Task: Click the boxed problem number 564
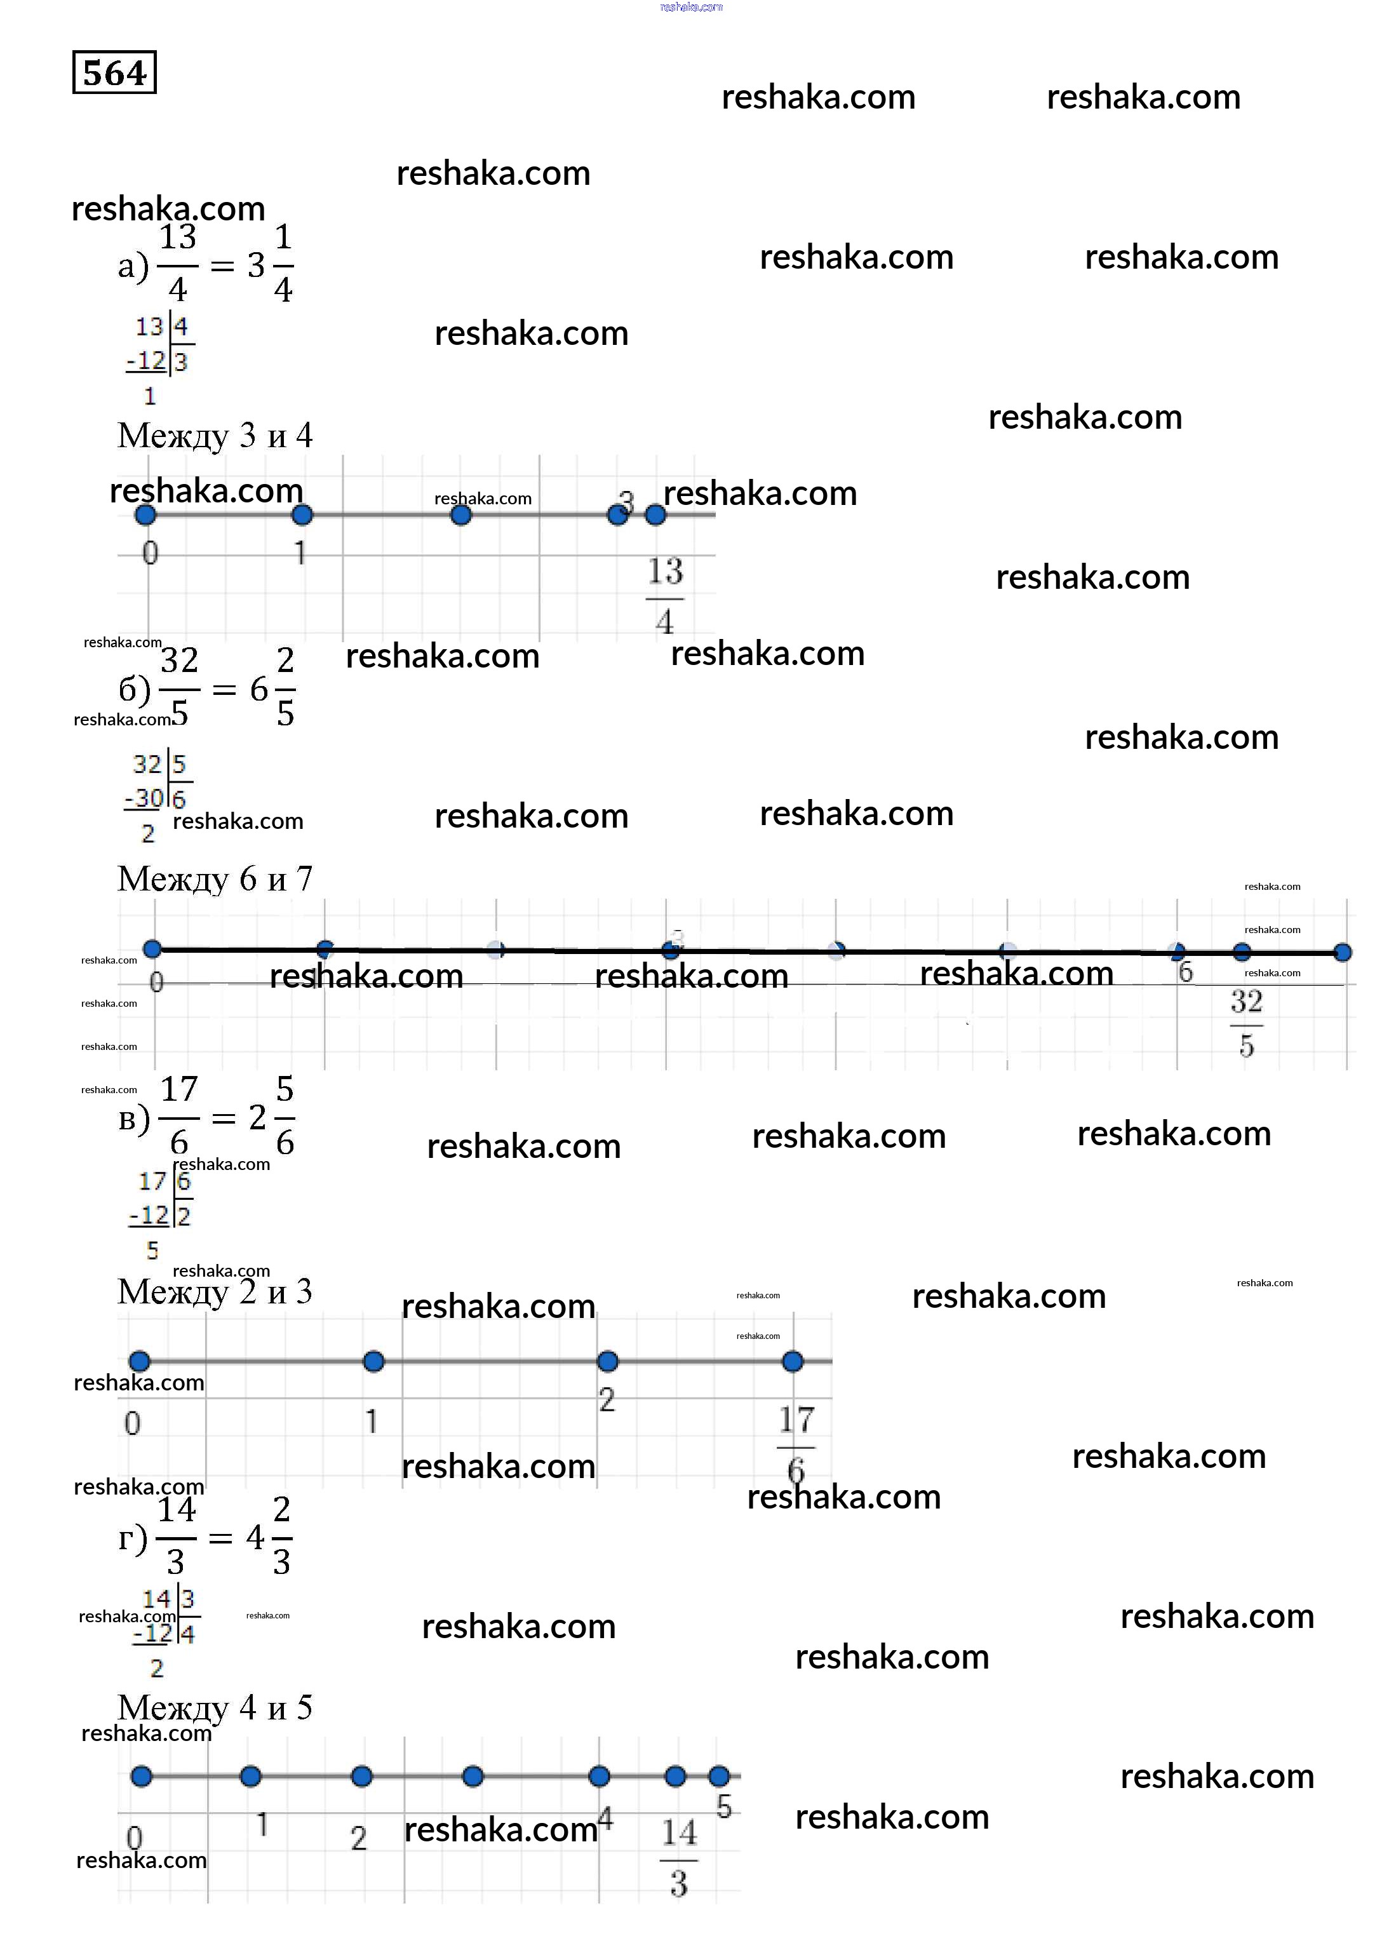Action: (114, 73)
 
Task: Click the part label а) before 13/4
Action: (132, 266)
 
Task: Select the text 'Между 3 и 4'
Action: (215, 436)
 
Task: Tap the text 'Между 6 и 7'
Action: (215, 879)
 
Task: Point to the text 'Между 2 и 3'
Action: (215, 1292)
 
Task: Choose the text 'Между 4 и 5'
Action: (215, 1708)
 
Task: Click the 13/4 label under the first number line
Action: (664, 596)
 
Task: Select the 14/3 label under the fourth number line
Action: (678, 1857)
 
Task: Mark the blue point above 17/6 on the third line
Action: (792, 1362)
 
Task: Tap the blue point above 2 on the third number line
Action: (608, 1362)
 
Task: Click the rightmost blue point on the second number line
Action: (1343, 952)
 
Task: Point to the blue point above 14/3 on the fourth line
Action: (676, 1776)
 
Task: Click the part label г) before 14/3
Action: (132, 1539)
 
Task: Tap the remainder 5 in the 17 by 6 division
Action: (152, 1250)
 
